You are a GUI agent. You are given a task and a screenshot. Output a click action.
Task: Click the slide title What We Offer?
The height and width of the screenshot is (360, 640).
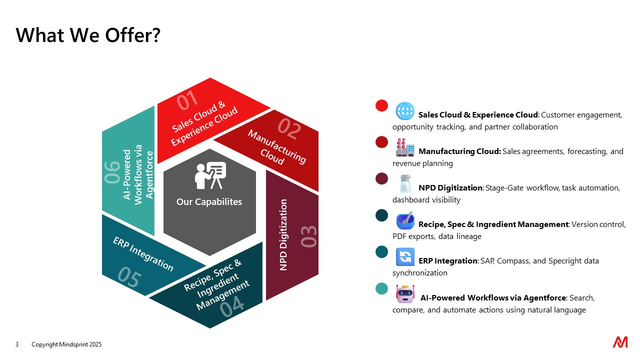coord(88,35)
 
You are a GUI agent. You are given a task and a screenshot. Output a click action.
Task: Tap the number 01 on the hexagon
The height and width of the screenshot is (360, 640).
coord(187,100)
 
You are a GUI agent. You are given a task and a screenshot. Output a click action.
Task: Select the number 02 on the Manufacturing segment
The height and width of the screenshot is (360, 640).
coord(289,128)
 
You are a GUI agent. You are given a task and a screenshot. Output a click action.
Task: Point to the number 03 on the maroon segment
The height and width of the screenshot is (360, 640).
coord(308,236)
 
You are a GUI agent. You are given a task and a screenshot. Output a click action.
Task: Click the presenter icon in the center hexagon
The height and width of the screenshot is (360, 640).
coord(210,175)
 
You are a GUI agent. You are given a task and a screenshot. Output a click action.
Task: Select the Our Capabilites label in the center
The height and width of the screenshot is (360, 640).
coord(209,201)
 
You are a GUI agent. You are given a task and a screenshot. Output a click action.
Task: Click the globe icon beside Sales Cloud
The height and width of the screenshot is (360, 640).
coord(405,111)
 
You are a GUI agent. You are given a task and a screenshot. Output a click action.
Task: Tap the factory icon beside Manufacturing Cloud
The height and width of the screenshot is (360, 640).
coord(405,147)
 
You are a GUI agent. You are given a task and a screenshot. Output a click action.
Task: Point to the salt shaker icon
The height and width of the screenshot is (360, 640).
coord(405,183)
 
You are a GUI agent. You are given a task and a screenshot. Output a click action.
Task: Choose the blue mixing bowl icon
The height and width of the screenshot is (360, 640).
coord(405,220)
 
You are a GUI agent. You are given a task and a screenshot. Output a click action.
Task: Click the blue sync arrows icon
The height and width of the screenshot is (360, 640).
coord(405,257)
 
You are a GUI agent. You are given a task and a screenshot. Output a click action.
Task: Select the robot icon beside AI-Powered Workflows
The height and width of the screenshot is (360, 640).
coord(405,293)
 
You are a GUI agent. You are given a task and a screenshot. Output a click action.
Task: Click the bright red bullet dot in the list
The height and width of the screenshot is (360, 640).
coord(381,105)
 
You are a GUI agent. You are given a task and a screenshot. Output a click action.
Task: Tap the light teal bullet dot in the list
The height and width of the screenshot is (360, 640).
coord(381,288)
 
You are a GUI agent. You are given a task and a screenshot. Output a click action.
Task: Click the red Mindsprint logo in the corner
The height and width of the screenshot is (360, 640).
coord(620,342)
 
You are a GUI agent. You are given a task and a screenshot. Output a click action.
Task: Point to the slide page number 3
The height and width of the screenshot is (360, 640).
coord(17,344)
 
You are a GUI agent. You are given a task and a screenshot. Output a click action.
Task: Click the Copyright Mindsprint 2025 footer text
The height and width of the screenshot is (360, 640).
coord(66,344)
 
